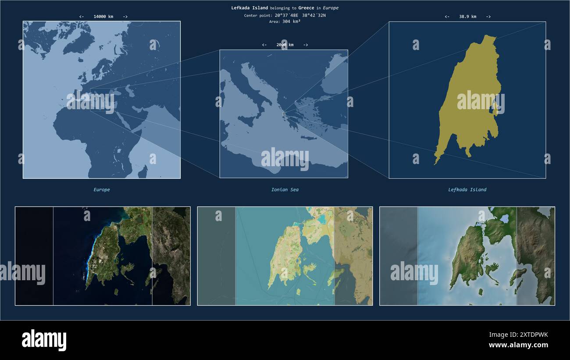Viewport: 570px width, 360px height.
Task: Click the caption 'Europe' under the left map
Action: [102, 190]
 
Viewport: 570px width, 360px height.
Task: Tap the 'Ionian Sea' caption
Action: [285, 190]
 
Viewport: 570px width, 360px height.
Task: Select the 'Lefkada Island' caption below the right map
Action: [467, 190]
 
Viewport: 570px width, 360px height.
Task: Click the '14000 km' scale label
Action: [103, 17]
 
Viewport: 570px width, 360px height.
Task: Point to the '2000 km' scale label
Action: [285, 45]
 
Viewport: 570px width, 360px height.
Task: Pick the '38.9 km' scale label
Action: [467, 17]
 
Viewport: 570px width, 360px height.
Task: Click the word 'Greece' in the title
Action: [306, 8]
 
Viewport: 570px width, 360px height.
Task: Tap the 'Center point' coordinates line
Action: [285, 15]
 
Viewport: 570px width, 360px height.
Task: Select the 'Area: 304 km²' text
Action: [285, 21]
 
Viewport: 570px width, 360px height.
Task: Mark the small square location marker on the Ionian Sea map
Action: [284, 114]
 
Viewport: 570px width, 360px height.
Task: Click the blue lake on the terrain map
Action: [504, 218]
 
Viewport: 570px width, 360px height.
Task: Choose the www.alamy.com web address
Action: [518, 345]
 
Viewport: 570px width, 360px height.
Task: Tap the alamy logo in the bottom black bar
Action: [44, 340]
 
